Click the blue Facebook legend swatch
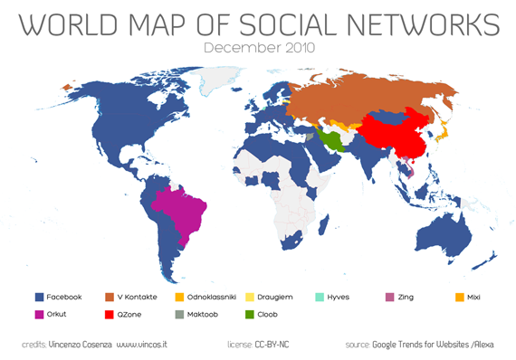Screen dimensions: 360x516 pyautogui.click(x=39, y=297)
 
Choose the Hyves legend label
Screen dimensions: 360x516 pyautogui.click(x=388, y=297)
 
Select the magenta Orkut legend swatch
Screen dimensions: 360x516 pyautogui.click(x=39, y=315)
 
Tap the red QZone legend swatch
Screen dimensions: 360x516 pyautogui.click(x=109, y=315)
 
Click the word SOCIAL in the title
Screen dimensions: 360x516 pyautogui.click(x=285, y=24)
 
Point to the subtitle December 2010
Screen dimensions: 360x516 pyautogui.click(x=259, y=46)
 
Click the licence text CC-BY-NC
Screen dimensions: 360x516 pyautogui.click(x=272, y=345)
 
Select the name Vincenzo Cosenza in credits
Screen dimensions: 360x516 pyautogui.click(x=82, y=345)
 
